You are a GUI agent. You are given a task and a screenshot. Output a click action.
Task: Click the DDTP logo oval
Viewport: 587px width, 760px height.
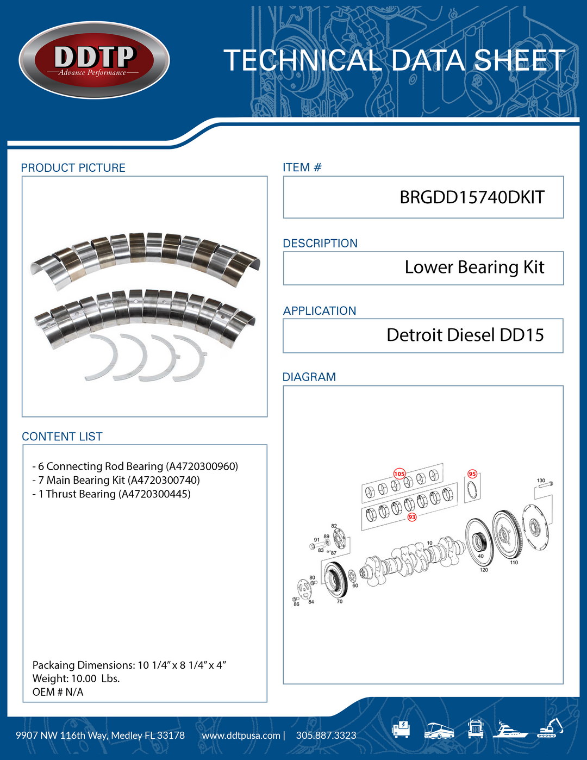(94, 60)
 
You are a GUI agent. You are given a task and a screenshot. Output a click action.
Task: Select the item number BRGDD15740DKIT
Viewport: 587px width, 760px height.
(472, 197)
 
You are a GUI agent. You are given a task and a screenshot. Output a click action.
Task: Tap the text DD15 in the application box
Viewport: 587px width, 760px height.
(522, 335)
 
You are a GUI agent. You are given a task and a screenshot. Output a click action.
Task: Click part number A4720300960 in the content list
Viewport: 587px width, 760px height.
(202, 466)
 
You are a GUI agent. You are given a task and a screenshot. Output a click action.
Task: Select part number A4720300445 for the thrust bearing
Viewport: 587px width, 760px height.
(154, 494)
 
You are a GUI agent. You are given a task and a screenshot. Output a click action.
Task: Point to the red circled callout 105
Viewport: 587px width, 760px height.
(399, 474)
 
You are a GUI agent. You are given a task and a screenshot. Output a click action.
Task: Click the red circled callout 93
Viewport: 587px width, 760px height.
(412, 516)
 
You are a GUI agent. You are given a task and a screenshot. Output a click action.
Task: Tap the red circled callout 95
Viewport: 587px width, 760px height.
(472, 474)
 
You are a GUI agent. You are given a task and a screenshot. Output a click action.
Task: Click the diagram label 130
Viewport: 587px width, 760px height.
(541, 480)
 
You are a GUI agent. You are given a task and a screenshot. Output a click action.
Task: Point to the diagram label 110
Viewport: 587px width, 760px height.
(514, 563)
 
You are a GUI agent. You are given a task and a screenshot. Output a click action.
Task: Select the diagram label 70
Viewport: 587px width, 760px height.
(340, 602)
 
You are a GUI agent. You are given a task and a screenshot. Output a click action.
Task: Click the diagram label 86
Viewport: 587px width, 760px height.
(296, 604)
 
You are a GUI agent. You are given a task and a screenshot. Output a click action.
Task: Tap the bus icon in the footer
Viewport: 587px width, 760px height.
(439, 731)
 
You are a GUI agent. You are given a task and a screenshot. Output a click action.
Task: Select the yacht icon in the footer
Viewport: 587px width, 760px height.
(510, 730)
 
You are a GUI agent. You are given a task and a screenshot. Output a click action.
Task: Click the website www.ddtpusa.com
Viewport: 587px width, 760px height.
(241, 736)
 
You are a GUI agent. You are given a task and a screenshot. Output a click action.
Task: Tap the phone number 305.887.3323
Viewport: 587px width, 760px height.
(326, 735)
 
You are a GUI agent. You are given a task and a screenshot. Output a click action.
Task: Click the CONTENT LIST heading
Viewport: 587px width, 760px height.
(62, 437)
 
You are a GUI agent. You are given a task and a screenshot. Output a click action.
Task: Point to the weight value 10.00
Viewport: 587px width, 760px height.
(84, 678)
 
